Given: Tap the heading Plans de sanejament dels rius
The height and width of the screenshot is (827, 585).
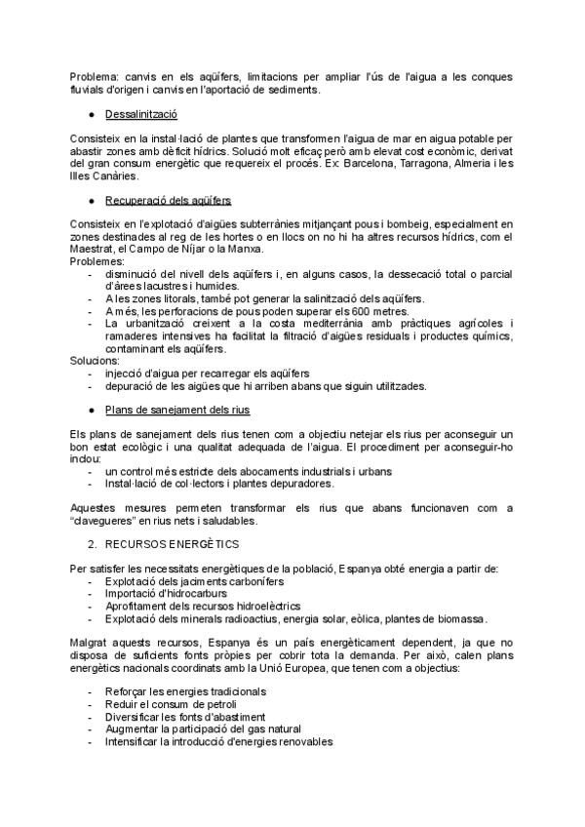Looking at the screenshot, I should click(x=165, y=410).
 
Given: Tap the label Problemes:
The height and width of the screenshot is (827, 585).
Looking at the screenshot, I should click(x=97, y=262).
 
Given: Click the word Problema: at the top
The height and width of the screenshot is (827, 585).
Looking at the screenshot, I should click(x=96, y=76).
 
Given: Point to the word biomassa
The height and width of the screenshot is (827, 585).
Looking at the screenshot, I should click(x=459, y=618).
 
